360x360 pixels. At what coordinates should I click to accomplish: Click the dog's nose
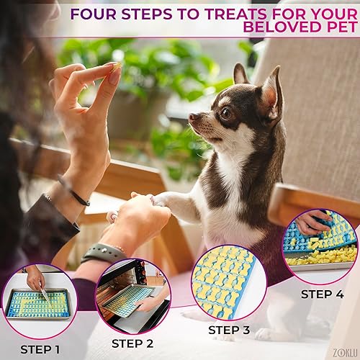[x=192, y=117]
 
